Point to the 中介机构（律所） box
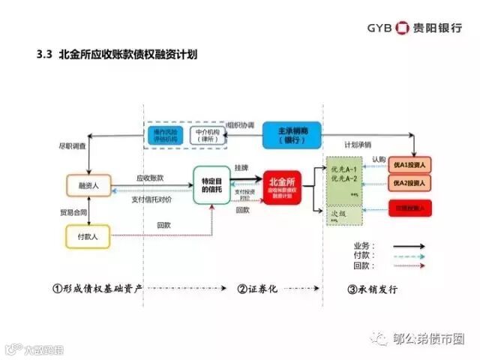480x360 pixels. [x=203, y=135]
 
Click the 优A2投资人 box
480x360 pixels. [x=409, y=184]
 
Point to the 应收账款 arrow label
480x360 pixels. [x=150, y=178]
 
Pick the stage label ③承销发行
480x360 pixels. [x=372, y=289]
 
